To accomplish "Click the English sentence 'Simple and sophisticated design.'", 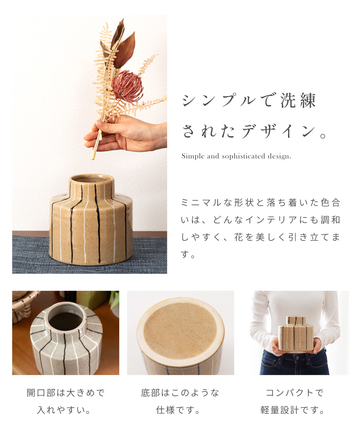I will [236, 156].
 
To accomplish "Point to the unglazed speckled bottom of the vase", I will [180, 329].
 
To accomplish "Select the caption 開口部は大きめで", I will [66, 392].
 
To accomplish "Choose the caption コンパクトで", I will [294, 392].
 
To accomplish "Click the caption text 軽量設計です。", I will [294, 410].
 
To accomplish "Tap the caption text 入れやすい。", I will [66, 410].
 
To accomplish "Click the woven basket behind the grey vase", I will [24, 304].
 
